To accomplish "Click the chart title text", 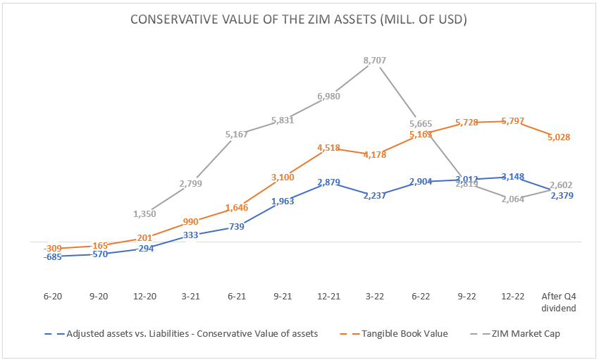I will (299, 20).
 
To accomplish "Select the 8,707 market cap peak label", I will (375, 61).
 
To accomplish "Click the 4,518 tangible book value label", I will (329, 148).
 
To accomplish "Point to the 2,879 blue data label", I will (329, 182).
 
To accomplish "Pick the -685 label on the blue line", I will (53, 257).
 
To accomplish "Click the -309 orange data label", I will (53, 248).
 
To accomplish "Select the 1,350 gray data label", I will (144, 213).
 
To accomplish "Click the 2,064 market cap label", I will (512, 199).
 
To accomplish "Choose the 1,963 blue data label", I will (283, 201).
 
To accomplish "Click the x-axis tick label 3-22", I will (375, 297).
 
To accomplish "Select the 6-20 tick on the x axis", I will (53, 297).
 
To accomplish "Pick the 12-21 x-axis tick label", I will (329, 297).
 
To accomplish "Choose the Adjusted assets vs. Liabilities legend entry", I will (185, 334).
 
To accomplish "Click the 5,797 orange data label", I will (512, 121).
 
